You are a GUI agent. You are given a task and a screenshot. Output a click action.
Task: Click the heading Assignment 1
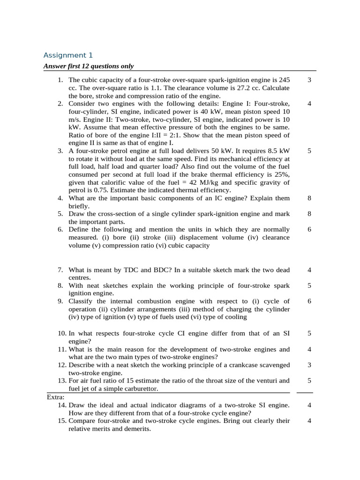click(x=65, y=55)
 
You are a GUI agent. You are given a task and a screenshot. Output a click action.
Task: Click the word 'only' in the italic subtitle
click(x=126, y=66)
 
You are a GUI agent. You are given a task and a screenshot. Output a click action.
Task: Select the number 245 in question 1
click(x=284, y=80)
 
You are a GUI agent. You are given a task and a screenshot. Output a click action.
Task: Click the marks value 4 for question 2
click(x=309, y=104)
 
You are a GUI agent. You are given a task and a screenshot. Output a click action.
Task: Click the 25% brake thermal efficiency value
click(x=282, y=174)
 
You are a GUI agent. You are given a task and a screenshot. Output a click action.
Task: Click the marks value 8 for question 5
click(x=309, y=214)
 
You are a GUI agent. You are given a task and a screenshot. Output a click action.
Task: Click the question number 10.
click(x=62, y=333)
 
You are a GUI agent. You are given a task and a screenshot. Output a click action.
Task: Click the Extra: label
click(x=56, y=397)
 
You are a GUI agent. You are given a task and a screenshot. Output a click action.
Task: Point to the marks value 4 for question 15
click(x=309, y=420)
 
